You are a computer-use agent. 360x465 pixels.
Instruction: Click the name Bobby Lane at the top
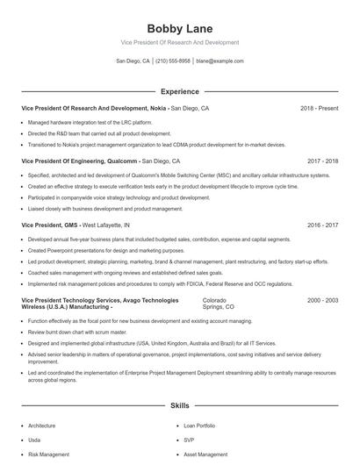point(179,28)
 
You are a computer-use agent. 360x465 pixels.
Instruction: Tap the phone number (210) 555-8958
point(174,61)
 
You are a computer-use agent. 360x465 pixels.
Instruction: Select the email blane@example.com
point(220,61)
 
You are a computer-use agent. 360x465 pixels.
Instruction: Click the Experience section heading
point(179,91)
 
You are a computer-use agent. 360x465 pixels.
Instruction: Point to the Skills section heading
point(179,407)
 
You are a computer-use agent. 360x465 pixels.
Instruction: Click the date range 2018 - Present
point(319,108)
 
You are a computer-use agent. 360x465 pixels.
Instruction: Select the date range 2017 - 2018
point(322,161)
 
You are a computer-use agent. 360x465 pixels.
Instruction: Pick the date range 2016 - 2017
point(322,225)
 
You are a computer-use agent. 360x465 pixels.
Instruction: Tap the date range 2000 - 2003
point(322,300)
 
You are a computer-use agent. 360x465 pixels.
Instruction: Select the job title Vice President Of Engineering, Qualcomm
point(79,161)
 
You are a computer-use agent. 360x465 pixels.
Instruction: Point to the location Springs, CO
point(219,307)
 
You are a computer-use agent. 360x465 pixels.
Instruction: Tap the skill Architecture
point(41,426)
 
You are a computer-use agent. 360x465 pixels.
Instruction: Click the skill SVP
point(189,440)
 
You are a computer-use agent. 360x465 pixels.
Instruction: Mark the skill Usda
point(35,440)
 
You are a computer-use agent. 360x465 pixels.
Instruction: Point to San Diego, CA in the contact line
point(133,61)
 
